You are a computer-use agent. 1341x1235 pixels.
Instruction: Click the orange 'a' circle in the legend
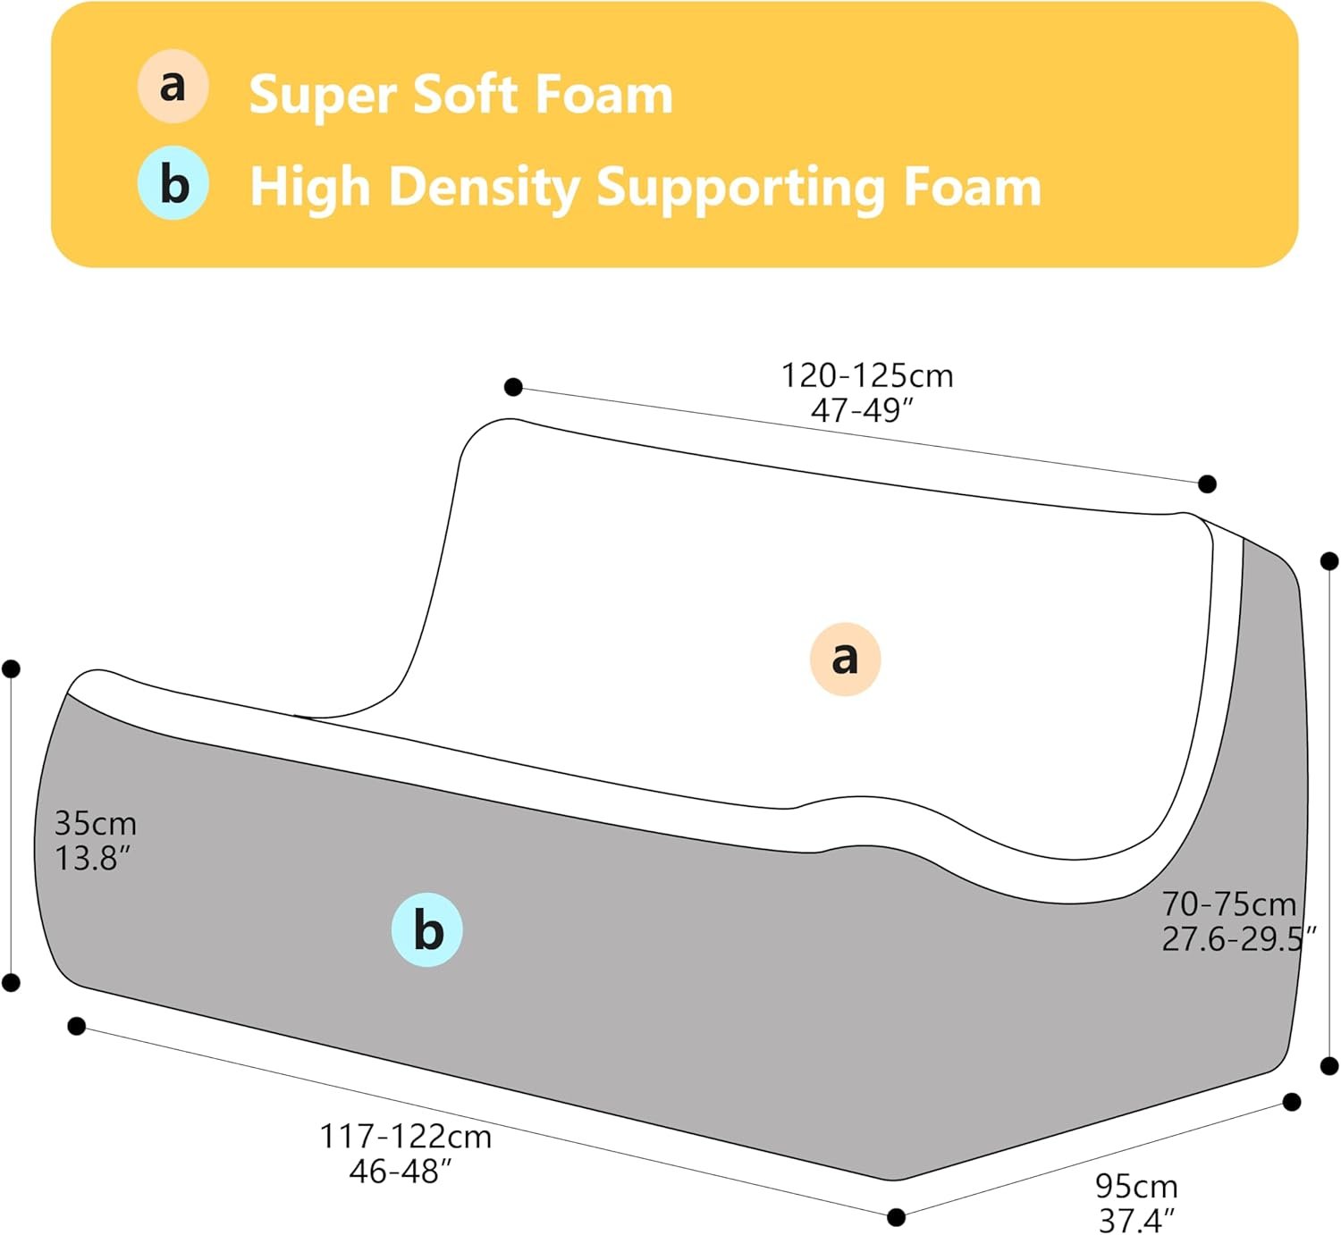[x=173, y=86]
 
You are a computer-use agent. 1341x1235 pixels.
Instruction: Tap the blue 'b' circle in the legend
[x=173, y=183]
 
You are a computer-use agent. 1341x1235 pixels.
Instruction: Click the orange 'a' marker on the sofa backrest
[x=845, y=659]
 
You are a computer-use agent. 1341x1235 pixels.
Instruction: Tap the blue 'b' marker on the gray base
[x=427, y=929]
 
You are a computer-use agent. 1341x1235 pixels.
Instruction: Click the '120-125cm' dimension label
[x=867, y=375]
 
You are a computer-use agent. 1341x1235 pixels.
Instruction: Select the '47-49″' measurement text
[x=862, y=410]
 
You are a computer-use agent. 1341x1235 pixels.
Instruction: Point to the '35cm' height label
[x=95, y=822]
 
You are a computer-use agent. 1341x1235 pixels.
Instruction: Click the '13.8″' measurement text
[x=92, y=858]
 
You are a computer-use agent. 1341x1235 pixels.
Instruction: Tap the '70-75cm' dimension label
[x=1228, y=903]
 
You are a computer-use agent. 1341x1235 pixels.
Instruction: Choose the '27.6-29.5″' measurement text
[x=1238, y=938]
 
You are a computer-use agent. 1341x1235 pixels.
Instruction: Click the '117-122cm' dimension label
[x=405, y=1136]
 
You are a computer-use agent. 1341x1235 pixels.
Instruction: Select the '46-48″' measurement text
[x=401, y=1171]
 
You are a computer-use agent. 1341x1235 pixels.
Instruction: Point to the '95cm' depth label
[x=1136, y=1186]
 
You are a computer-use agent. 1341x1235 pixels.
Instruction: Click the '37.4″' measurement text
[x=1136, y=1219]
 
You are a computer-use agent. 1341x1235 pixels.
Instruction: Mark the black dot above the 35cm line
[x=12, y=668]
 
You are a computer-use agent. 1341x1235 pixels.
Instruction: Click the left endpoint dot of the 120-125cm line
[x=513, y=387]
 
